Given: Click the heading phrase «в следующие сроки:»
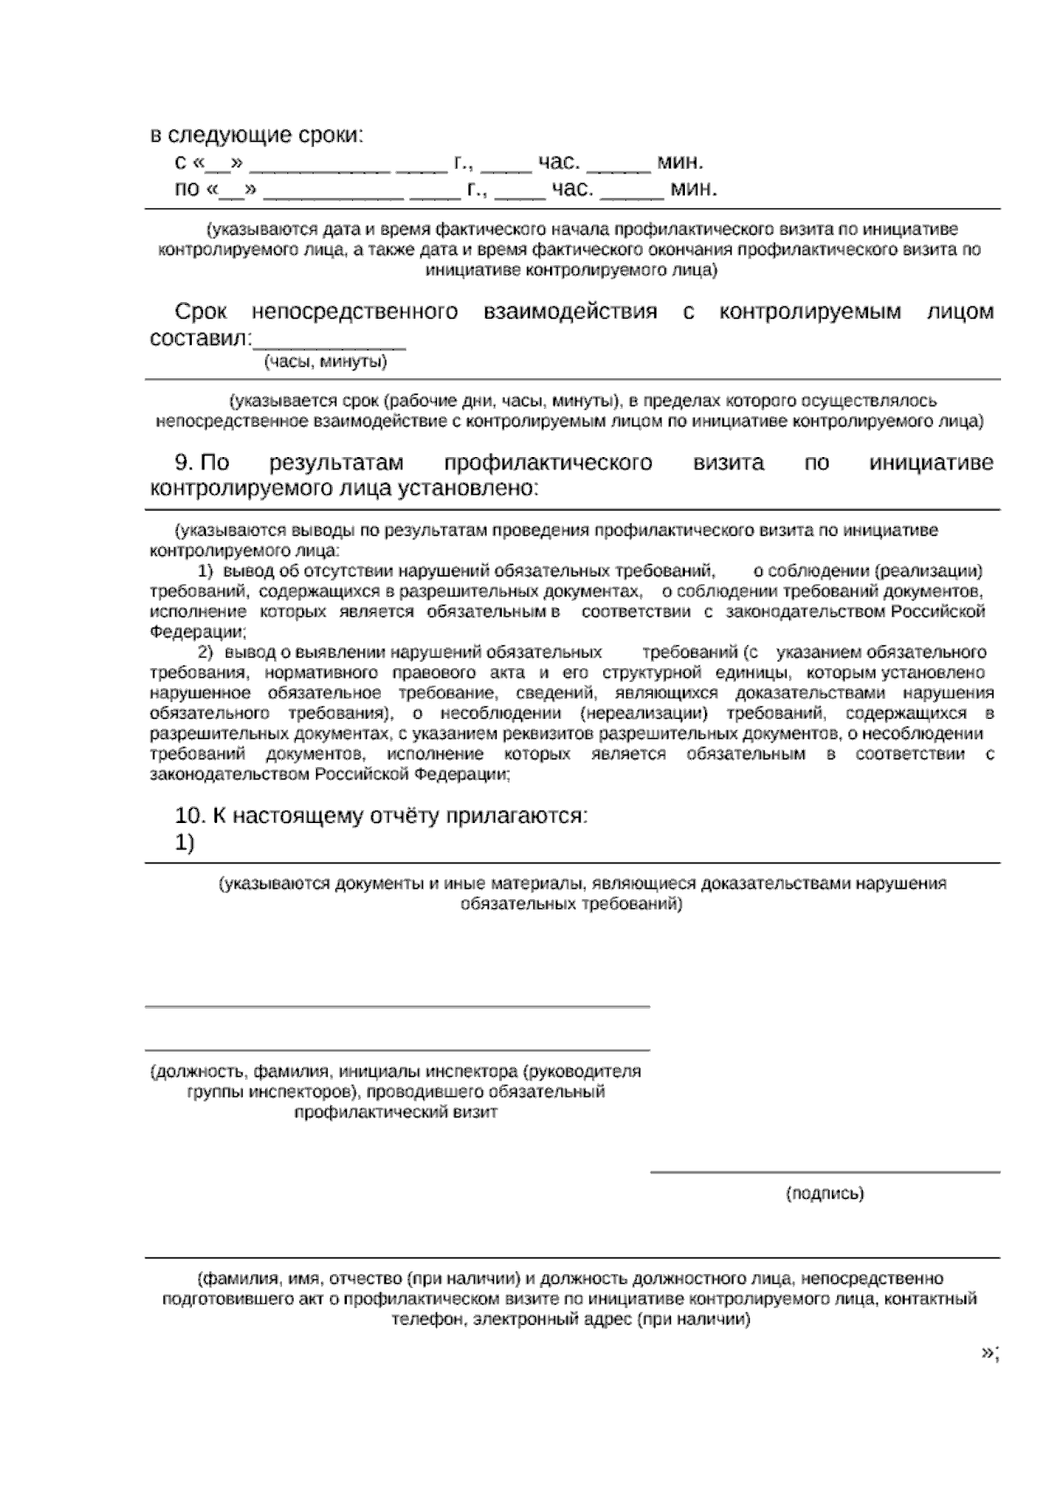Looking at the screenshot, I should [x=257, y=136].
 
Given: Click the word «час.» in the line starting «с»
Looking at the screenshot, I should [x=558, y=163].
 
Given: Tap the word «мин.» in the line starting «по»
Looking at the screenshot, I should [x=694, y=189].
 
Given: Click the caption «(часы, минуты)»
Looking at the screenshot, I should [x=326, y=362].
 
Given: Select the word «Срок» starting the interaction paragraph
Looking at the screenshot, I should [x=201, y=312].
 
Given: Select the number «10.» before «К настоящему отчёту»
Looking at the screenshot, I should [x=190, y=816].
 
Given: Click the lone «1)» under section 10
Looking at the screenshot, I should [x=185, y=843].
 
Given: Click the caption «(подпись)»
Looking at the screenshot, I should [x=824, y=1193].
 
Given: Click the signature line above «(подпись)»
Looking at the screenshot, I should [x=824, y=1172].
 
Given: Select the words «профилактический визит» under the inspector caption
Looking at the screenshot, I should [x=396, y=1113].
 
